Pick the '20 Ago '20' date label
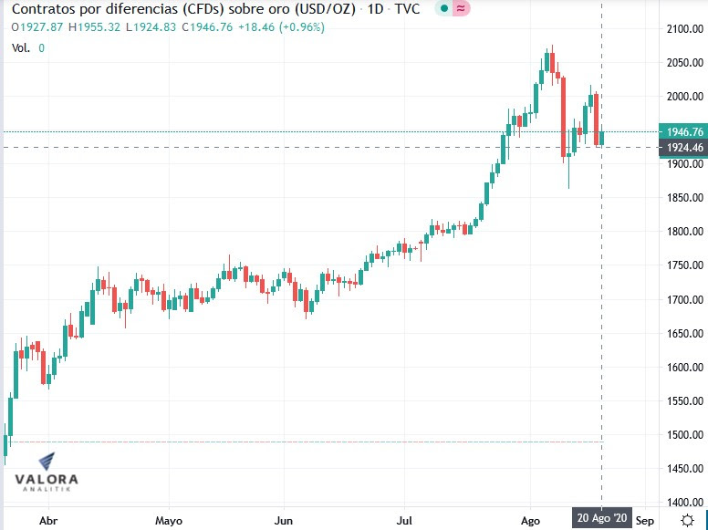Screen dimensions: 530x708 [601, 518]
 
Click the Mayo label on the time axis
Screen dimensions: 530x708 [169, 521]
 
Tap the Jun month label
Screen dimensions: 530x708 [284, 521]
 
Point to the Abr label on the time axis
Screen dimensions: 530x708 [50, 521]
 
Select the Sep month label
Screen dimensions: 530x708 [644, 521]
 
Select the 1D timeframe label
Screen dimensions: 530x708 [375, 9]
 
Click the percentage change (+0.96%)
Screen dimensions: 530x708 [302, 26]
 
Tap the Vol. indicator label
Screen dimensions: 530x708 [20, 47]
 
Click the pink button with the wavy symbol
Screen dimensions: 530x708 [462, 9]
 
